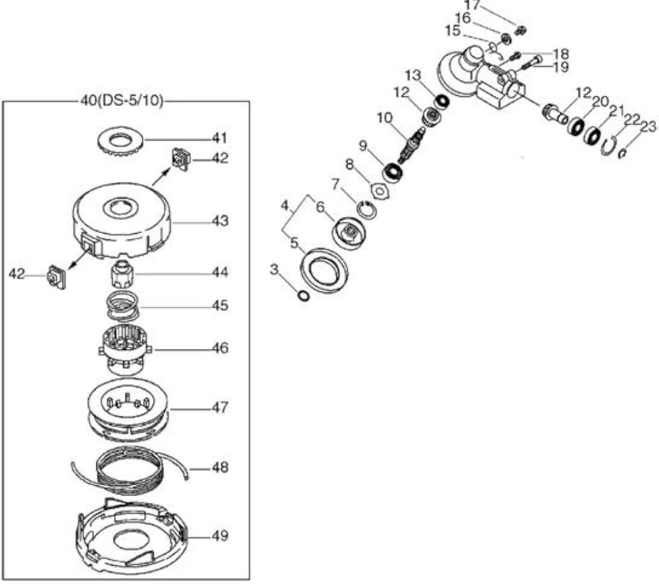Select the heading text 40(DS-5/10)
click(x=121, y=102)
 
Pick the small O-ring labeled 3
click(x=303, y=295)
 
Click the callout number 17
click(x=473, y=6)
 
